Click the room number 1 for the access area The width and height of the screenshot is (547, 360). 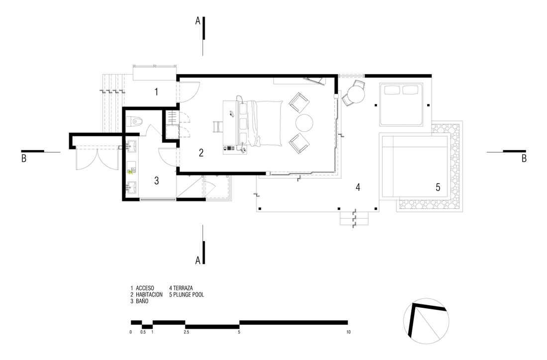tap(156, 92)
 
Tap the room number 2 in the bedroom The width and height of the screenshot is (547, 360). tap(201, 153)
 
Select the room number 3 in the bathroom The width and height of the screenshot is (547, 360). tap(157, 180)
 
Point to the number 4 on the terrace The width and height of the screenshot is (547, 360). tap(358, 187)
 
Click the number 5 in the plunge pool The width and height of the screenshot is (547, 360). tap(438, 187)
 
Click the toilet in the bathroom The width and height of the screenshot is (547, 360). tap(135, 121)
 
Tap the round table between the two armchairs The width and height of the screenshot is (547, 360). tap(304, 123)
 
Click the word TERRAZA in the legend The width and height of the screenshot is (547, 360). tap(183, 288)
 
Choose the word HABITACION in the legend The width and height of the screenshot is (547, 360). tap(149, 294)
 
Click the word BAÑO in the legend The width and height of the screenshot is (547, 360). tap(142, 301)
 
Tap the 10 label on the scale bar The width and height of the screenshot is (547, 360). tap(348, 332)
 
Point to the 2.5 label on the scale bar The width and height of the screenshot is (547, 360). tap(186, 332)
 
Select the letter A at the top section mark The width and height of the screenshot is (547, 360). tap(198, 21)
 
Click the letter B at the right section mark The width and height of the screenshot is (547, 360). tap(524, 159)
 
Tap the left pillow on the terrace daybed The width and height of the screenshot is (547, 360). tap(393, 90)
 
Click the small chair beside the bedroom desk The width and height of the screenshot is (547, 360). tap(217, 127)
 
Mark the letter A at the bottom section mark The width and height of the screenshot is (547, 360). tap(198, 260)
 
